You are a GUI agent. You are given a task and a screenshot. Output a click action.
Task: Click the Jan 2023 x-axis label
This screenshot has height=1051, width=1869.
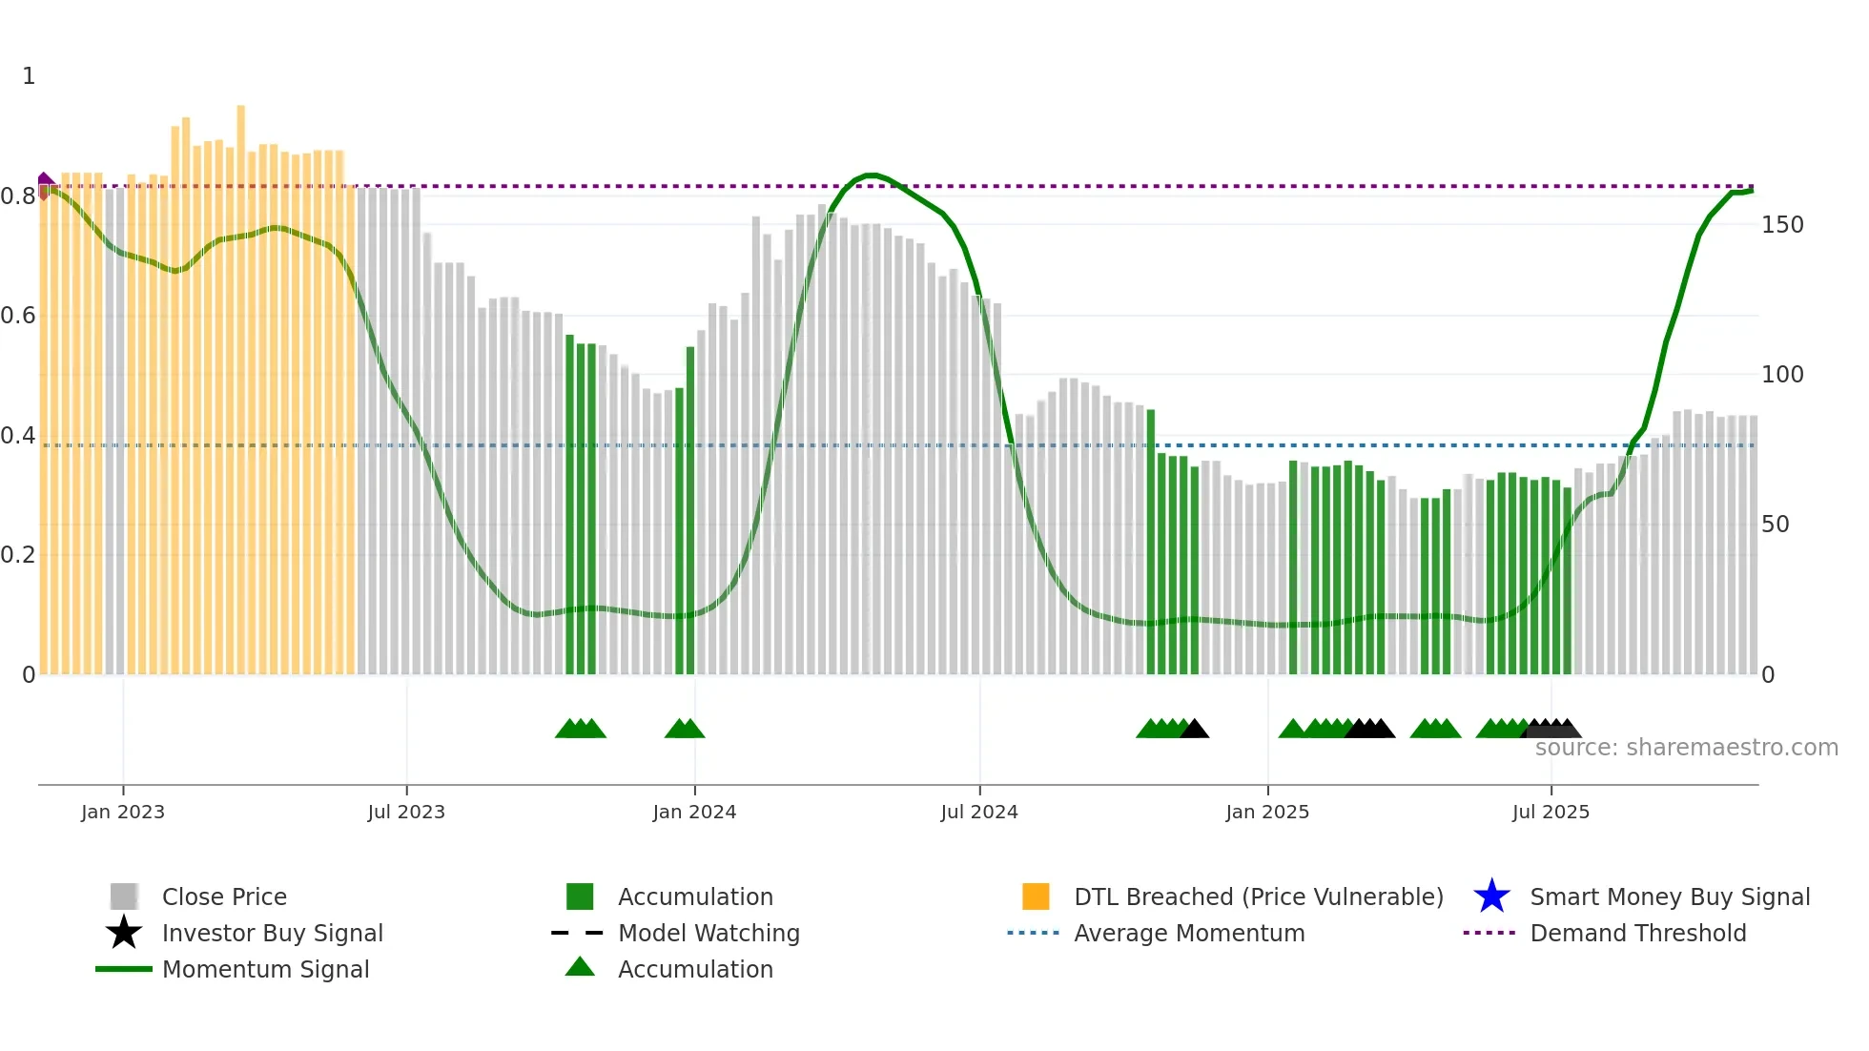(x=123, y=812)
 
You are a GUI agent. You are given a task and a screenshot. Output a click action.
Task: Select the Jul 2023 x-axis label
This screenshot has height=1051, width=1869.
(x=406, y=812)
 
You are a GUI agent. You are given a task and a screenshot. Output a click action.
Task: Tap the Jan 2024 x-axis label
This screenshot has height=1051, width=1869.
(x=694, y=812)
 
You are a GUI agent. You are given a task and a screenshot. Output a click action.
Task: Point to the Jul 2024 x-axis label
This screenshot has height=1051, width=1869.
(x=979, y=812)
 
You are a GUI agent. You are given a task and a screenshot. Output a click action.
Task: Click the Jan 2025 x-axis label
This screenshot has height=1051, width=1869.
(x=1267, y=812)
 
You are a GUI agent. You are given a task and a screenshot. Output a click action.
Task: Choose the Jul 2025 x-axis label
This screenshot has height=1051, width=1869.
(x=1551, y=812)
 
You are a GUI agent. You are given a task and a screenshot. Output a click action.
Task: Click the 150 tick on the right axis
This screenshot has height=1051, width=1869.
(x=1782, y=225)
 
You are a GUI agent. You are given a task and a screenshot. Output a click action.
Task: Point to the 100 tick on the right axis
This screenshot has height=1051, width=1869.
(x=1782, y=375)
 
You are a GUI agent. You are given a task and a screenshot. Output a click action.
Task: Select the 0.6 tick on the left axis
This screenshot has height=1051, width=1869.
(x=18, y=316)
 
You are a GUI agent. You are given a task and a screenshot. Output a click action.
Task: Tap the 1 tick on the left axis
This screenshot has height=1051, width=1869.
(x=29, y=76)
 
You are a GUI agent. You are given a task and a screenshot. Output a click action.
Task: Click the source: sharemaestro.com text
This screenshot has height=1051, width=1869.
(x=1686, y=748)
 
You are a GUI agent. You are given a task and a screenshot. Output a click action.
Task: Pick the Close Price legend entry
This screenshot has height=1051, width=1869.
(x=224, y=896)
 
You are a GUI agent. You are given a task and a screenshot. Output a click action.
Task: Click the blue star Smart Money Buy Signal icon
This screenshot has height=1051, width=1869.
(x=1491, y=896)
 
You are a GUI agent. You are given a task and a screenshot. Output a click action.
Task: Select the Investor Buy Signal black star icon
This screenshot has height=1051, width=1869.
(x=124, y=933)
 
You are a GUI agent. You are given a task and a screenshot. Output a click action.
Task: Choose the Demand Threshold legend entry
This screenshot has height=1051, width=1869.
(x=1637, y=933)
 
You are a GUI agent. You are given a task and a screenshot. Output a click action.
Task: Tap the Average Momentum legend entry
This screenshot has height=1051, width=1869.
(x=1188, y=933)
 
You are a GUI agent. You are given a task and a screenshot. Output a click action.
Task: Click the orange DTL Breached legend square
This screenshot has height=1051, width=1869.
(x=1036, y=896)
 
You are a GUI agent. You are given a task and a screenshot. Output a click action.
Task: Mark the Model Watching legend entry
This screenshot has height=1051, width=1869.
(x=709, y=933)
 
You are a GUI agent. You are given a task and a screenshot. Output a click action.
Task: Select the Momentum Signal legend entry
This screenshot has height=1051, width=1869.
(x=265, y=969)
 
